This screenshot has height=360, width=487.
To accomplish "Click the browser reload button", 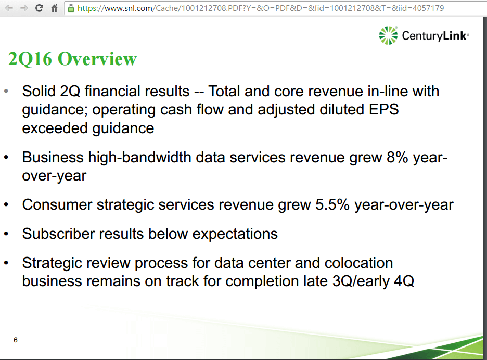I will click(39, 8).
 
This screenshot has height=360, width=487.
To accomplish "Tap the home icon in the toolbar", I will click(54, 8).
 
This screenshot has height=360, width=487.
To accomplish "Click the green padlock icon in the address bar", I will click(71, 8).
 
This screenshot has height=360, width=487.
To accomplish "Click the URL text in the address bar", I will click(260, 8).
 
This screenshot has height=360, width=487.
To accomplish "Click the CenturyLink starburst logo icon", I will click(388, 35).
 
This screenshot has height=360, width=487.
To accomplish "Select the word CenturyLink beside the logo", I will click(435, 36).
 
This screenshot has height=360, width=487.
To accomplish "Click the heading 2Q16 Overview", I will click(72, 59).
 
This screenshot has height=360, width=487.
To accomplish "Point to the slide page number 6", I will click(15, 340).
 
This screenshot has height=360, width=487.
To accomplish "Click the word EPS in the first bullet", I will click(383, 110).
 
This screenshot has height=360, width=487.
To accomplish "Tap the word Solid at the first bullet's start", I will click(39, 92).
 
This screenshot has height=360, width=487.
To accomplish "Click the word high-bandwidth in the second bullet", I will click(165, 158).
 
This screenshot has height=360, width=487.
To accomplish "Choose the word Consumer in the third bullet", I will click(57, 204).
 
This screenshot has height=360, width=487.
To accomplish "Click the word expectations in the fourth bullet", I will click(235, 234).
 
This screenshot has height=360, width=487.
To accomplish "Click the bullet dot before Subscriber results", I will click(6, 234).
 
